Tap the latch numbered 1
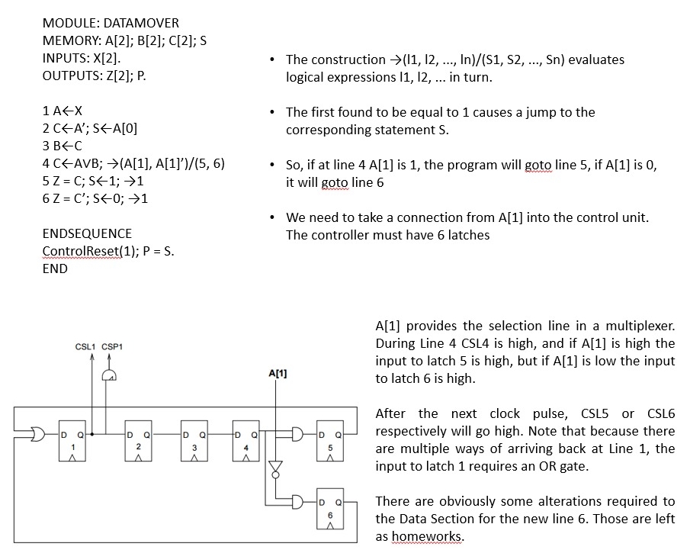(75, 440)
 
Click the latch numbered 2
(139, 440)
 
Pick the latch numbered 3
(194, 440)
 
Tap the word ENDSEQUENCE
(87, 233)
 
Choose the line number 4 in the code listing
(47, 164)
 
